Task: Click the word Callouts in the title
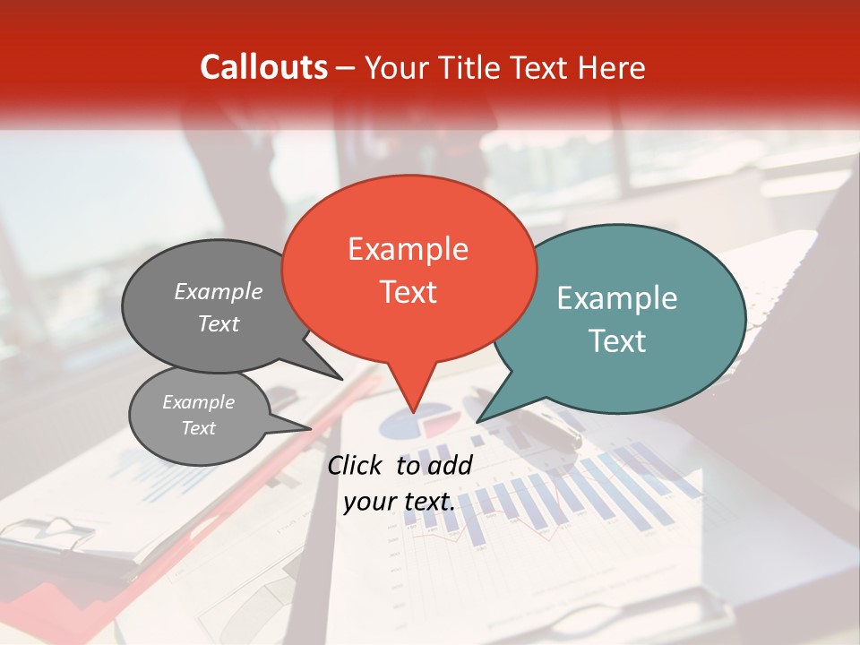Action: coord(263,67)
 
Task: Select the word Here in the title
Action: coord(612,67)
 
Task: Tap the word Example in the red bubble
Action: coord(408,248)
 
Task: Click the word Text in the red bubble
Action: coord(408,292)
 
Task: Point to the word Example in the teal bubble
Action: coord(617,298)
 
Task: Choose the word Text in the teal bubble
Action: coord(617,341)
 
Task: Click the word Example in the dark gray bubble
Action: coord(219,291)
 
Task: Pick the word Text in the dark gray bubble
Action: coord(219,323)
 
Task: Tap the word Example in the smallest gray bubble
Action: coord(198,402)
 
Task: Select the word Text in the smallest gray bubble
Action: coord(198,428)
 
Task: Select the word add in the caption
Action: coord(450,465)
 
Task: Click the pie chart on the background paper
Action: coord(417,421)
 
